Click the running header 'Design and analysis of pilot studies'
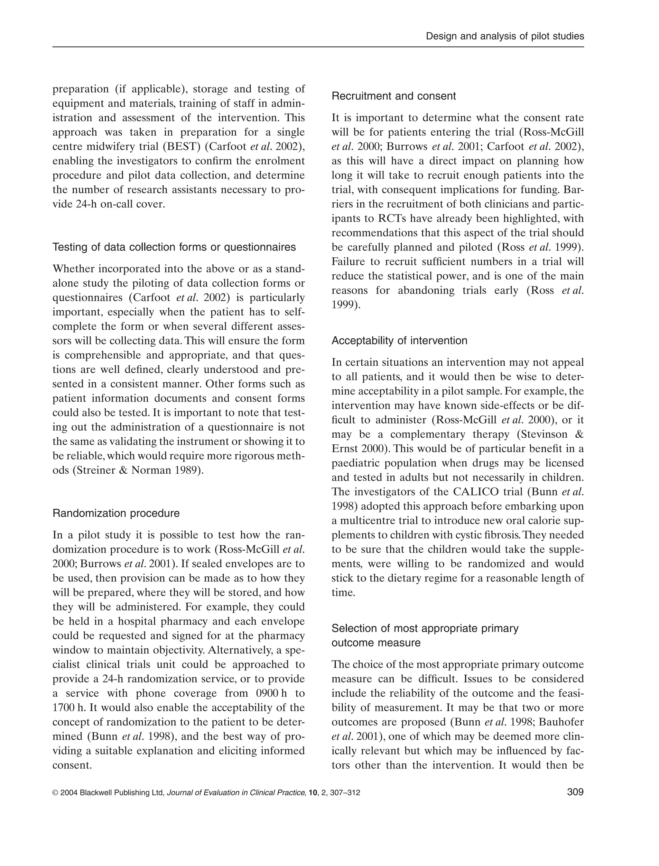tap(505, 36)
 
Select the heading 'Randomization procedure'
tap(116, 513)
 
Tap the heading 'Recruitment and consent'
tap(394, 96)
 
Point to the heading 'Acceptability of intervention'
tap(399, 341)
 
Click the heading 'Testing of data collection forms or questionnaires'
tap(174, 247)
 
